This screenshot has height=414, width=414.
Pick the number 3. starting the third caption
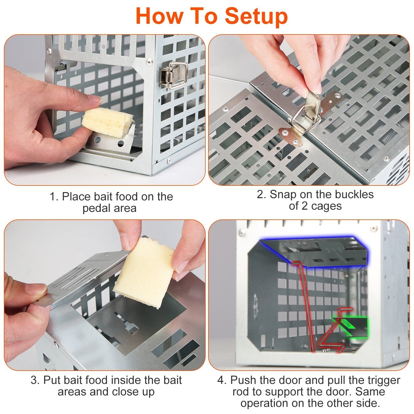[x=35, y=380]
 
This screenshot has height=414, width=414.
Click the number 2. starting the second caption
[x=262, y=194]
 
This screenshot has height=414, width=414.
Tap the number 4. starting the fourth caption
[x=222, y=380]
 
